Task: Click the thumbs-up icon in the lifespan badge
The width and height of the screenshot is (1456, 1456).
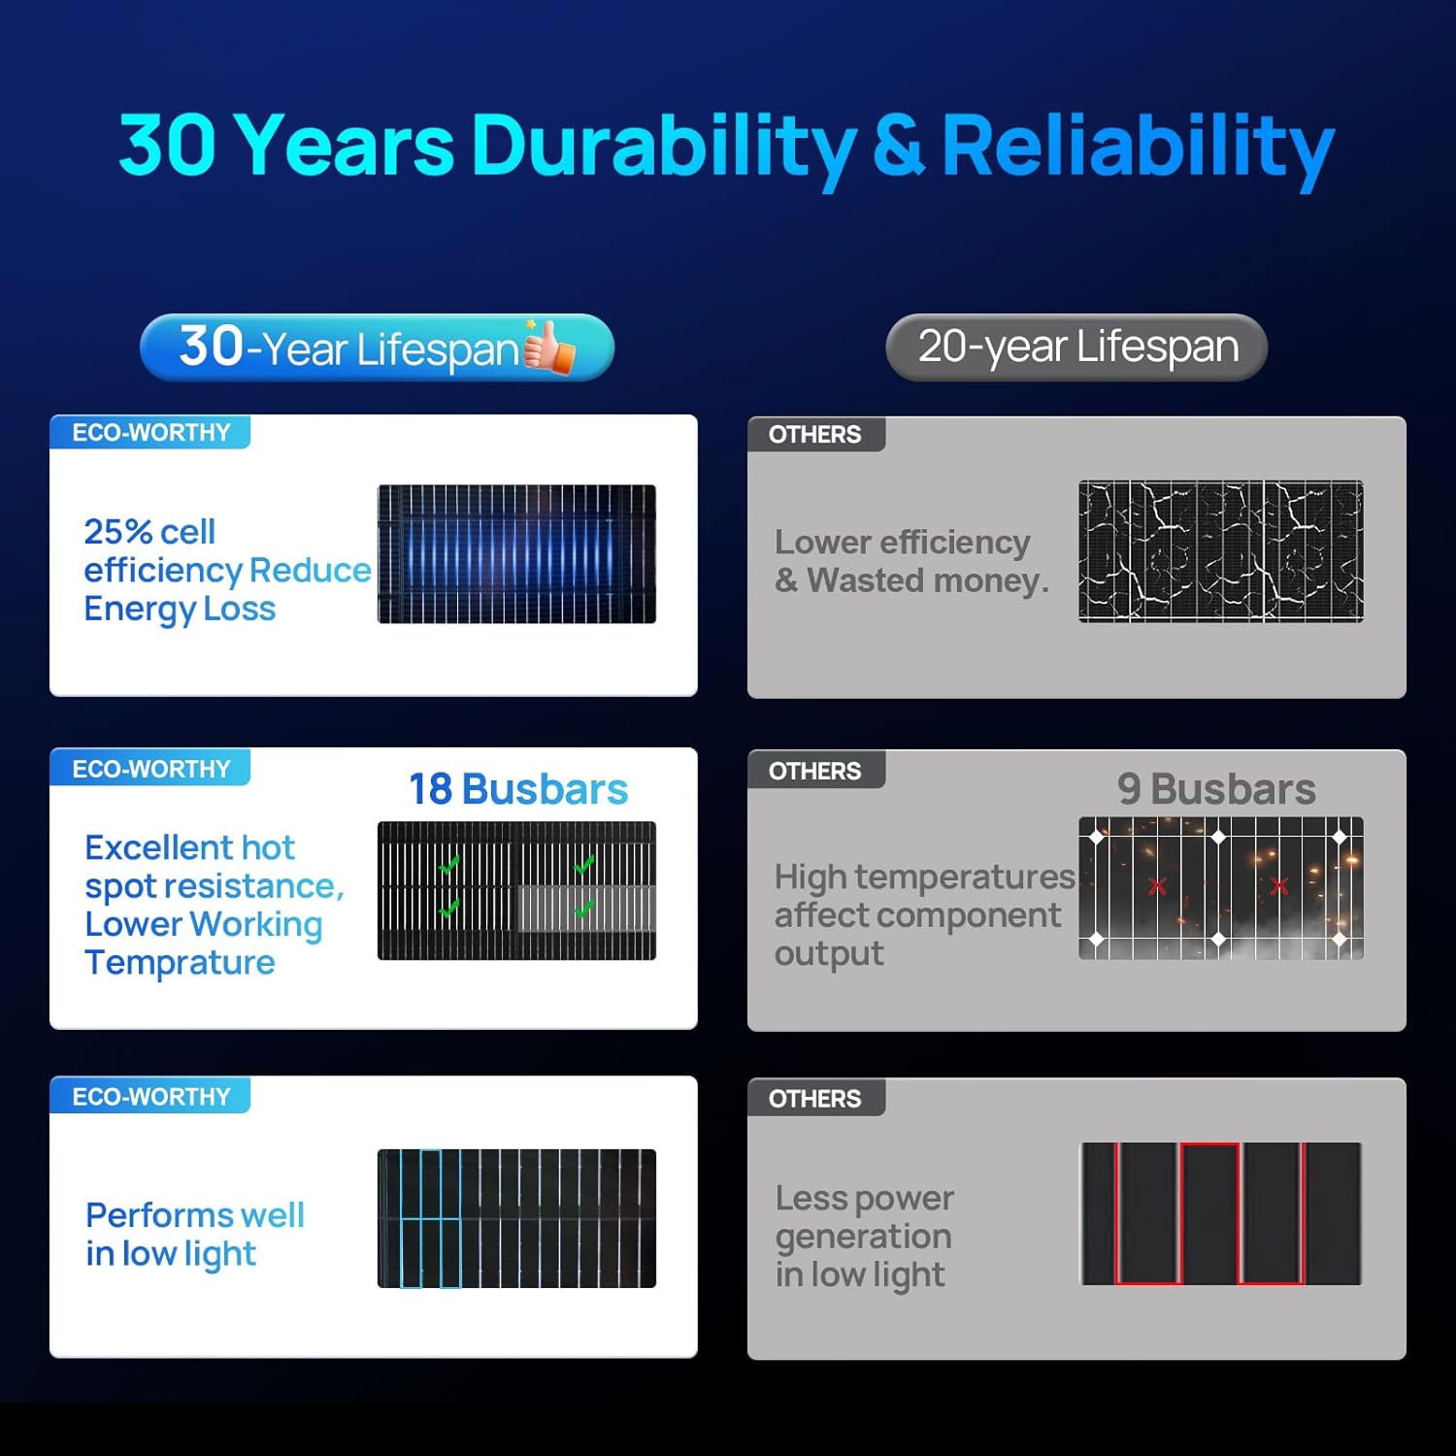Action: (x=549, y=347)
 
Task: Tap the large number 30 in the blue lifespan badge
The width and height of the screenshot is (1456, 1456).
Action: (x=212, y=346)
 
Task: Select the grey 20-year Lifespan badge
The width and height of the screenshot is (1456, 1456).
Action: (x=1076, y=347)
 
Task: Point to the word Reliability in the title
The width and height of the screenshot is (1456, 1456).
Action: (x=1138, y=146)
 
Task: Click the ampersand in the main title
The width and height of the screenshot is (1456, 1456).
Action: (x=898, y=146)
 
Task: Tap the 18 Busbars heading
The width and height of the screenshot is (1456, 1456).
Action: (x=518, y=789)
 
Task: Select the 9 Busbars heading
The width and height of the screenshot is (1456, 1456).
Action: (x=1216, y=789)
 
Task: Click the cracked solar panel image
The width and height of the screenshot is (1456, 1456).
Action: (x=1220, y=550)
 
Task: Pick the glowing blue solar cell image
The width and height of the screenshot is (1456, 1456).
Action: (x=516, y=553)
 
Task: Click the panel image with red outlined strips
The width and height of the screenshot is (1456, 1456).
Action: (x=1220, y=1213)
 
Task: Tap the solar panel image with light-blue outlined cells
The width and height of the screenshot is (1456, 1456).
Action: (x=516, y=1218)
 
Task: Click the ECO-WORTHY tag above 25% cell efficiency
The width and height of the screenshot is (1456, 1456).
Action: (x=150, y=433)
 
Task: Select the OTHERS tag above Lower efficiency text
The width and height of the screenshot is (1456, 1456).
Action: (x=814, y=435)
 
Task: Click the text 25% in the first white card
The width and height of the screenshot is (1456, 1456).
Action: (x=117, y=532)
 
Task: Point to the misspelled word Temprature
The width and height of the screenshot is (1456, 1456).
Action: (x=181, y=963)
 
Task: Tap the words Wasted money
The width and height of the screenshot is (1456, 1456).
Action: (x=928, y=580)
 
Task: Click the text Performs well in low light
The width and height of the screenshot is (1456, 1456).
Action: (x=194, y=1234)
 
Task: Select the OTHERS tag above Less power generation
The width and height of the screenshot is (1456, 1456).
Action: (x=814, y=1099)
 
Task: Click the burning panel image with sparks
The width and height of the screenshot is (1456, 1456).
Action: (x=1220, y=888)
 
